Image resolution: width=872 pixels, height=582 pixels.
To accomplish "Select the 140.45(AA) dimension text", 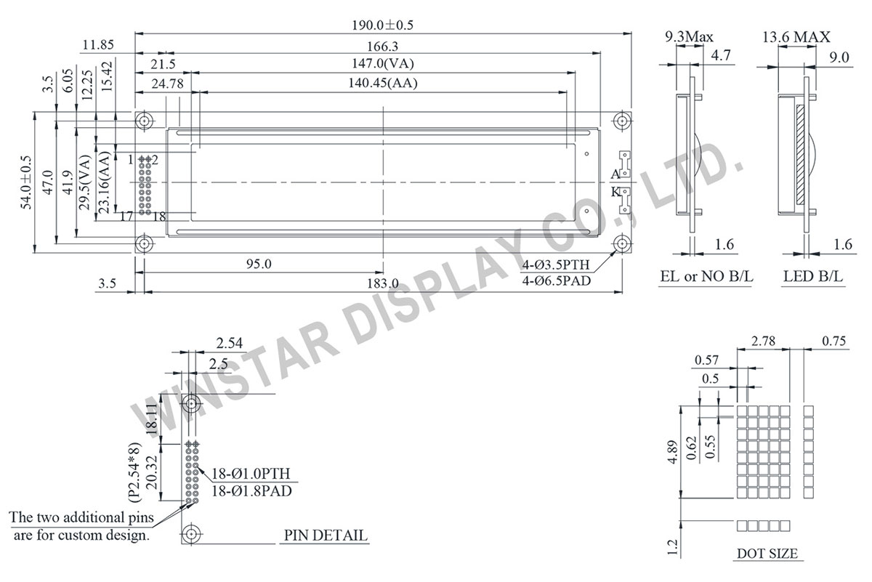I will pyautogui.click(x=383, y=83).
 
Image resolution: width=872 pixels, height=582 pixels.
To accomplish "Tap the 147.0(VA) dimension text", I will pyautogui.click(x=383, y=64).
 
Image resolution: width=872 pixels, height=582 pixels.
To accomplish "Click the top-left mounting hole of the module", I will pyautogui.click(x=144, y=120).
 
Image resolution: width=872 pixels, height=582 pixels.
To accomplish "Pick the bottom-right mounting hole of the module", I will pyautogui.click(x=622, y=242).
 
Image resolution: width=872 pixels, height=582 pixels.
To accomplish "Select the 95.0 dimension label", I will pyautogui.click(x=258, y=264).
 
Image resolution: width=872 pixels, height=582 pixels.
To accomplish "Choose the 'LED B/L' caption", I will pyautogui.click(x=815, y=277).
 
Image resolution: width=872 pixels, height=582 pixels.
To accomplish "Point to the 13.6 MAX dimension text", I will pyautogui.click(x=796, y=36).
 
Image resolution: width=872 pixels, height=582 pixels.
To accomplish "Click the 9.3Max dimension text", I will pyautogui.click(x=690, y=36).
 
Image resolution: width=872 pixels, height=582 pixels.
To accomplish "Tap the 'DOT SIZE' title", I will pyautogui.click(x=767, y=554).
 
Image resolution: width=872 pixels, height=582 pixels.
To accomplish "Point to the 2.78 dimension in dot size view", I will pyautogui.click(x=762, y=340).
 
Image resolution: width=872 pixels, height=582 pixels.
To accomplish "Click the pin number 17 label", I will pyautogui.click(x=126, y=216).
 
